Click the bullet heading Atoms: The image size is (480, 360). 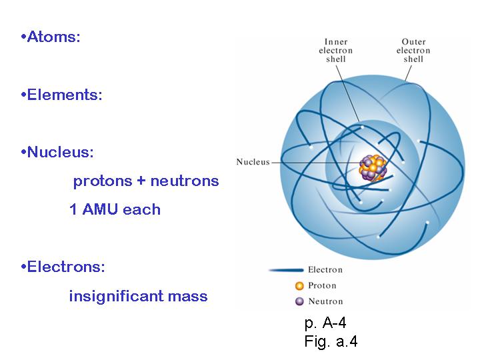[51, 37]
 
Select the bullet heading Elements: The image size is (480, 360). [62, 95]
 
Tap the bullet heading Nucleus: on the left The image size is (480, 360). [58, 152]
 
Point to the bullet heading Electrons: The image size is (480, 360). [63, 267]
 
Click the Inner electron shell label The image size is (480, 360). [336, 51]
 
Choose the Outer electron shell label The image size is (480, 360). [413, 51]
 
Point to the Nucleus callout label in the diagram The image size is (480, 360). [253, 162]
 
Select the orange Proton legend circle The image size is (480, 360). [299, 286]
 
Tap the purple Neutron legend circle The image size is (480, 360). [299, 300]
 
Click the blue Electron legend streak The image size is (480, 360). [286, 270]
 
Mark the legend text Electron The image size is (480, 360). [325, 270]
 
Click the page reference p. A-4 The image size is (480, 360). [325, 324]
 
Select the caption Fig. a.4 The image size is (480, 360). [331, 341]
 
